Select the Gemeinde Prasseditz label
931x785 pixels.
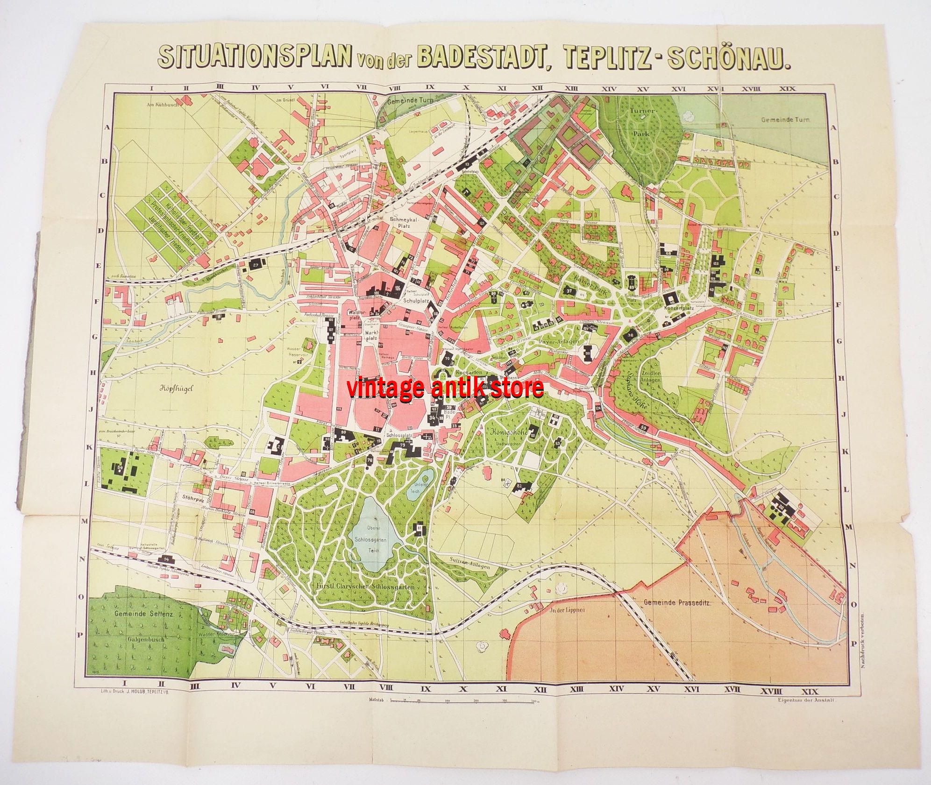(x=676, y=603)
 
